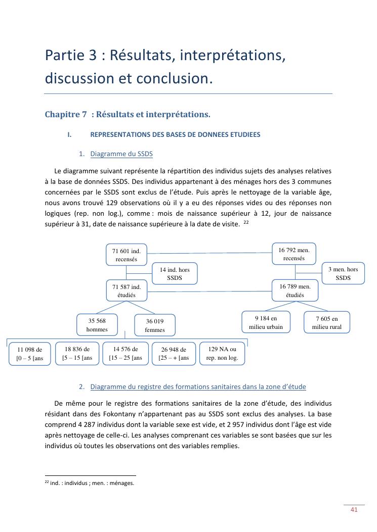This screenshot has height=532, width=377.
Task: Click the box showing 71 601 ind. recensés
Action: point(126,255)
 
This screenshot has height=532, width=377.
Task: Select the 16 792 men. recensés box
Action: point(294,254)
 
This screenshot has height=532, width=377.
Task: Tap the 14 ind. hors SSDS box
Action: point(174,274)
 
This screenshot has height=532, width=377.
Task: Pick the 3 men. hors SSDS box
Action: point(343,273)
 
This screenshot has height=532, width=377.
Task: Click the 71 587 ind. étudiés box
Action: point(126,291)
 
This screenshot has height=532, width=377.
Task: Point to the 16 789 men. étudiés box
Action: point(295,291)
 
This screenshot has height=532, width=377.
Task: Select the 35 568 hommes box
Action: point(97,325)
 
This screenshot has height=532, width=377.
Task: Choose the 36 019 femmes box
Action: point(155,325)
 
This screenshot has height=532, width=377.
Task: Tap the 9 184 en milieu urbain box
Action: point(266,322)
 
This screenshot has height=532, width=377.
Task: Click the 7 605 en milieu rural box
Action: point(326,322)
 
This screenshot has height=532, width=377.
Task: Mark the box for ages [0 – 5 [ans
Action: point(29,354)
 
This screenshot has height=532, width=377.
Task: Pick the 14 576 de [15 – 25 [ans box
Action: point(125,353)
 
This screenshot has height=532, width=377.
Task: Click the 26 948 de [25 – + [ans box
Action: point(174,354)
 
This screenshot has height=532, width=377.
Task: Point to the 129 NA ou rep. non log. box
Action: point(222,353)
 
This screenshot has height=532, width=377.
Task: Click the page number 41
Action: point(354,509)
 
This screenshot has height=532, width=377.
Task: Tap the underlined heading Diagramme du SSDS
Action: point(121,154)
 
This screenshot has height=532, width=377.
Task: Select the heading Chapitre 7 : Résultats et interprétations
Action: point(128,115)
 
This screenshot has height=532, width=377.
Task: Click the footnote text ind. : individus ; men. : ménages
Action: point(92,483)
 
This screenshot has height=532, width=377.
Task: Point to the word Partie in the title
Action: point(63,55)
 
